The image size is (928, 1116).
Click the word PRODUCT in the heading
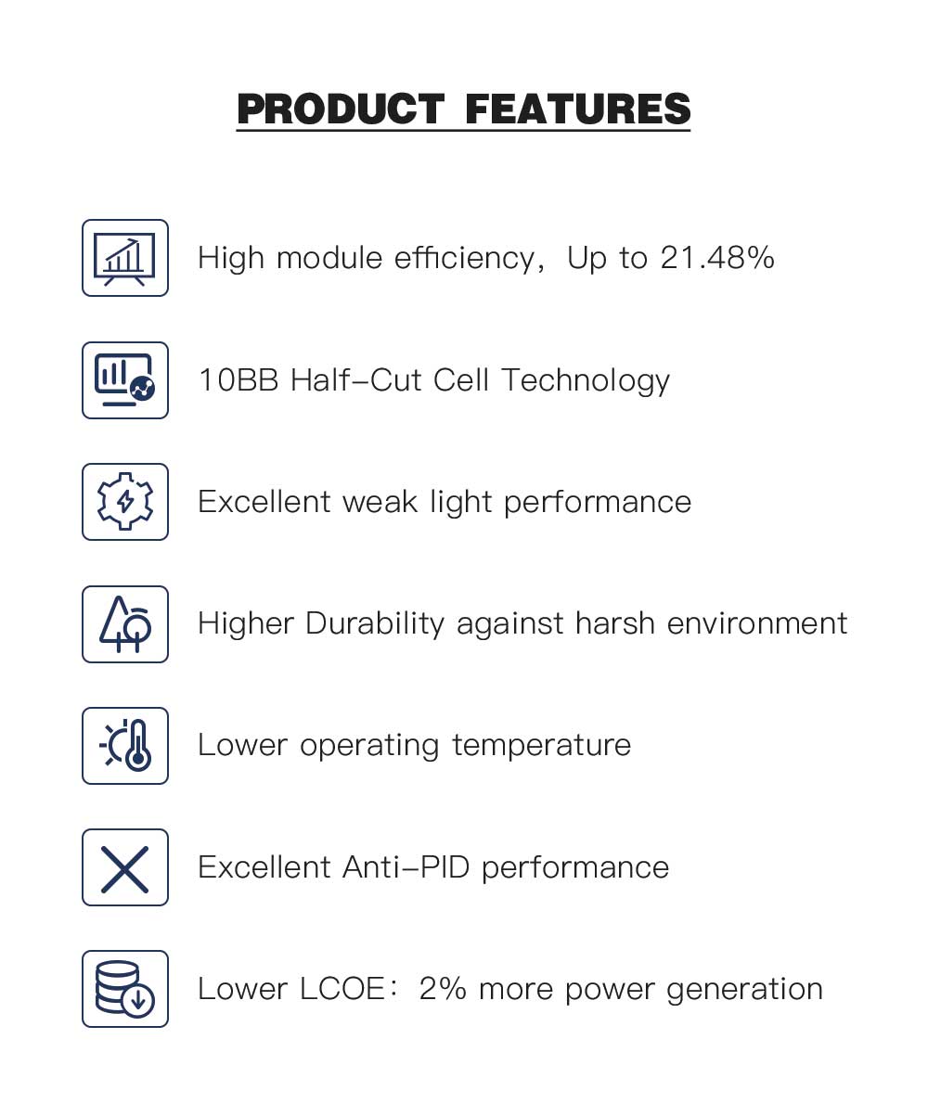341,109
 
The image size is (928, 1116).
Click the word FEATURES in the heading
578,109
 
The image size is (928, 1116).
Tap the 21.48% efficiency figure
717,258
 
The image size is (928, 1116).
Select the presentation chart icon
124,258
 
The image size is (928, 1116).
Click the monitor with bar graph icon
124,380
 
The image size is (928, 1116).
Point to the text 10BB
238,380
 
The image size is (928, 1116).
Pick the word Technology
586,381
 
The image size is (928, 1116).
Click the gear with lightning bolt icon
125,501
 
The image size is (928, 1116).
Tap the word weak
380,502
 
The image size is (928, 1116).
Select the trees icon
125,623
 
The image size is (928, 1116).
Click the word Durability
375,624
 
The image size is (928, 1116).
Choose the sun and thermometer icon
125,746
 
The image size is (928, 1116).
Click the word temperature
542,746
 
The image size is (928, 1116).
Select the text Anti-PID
406,867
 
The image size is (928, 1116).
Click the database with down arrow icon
124,991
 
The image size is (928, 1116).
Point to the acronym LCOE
342,989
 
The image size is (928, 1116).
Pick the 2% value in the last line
443,989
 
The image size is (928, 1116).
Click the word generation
744,990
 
